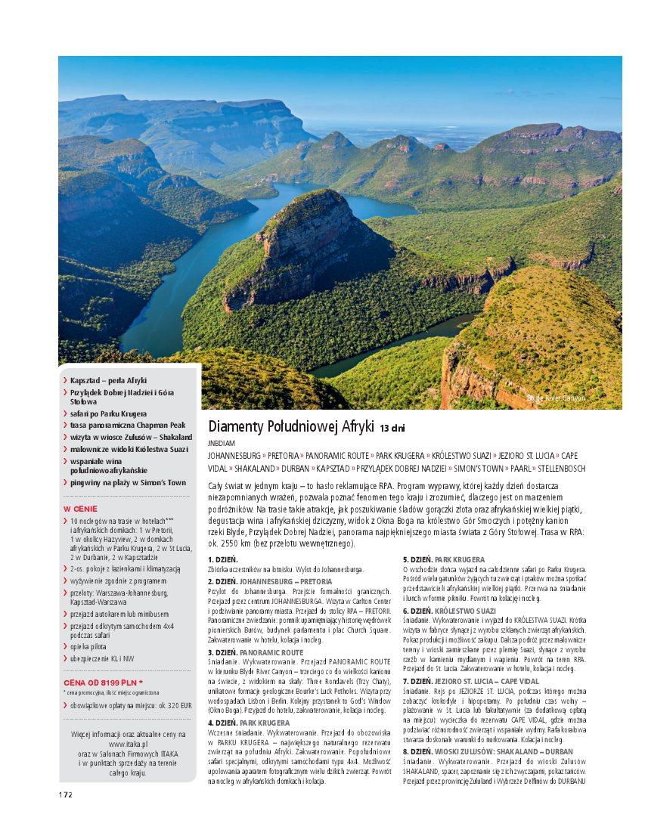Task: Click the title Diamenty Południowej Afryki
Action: tap(291, 427)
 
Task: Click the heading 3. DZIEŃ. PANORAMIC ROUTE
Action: tap(255, 651)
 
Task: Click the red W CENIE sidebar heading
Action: tap(80, 509)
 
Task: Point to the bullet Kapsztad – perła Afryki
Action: tap(108, 380)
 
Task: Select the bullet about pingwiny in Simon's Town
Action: tap(128, 481)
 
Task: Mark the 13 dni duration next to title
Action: tap(393, 428)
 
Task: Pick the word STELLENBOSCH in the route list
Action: tap(563, 468)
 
